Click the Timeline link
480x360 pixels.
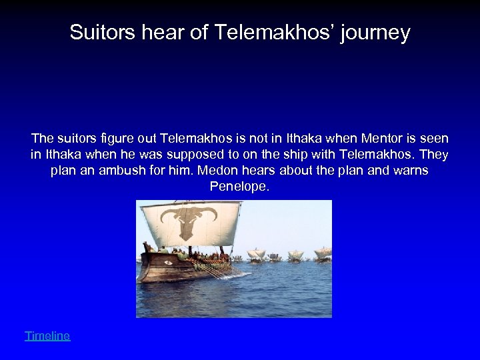coord(47,336)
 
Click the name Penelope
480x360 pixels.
coord(239,187)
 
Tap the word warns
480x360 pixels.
coord(408,171)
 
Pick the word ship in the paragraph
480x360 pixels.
coord(327,155)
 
